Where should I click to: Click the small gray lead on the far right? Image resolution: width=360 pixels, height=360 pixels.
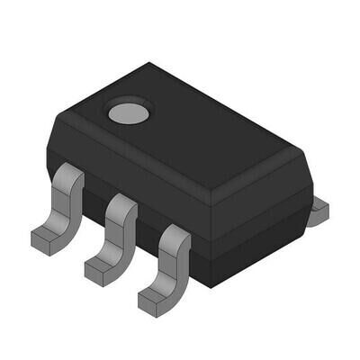click(319, 211)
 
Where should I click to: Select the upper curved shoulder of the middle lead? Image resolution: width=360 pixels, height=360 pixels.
click(121, 206)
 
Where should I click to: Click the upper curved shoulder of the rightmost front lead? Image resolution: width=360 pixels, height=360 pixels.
click(175, 236)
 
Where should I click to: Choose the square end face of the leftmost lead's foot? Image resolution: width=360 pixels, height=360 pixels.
click(41, 240)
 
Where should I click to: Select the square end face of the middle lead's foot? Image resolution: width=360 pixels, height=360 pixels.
click(94, 271)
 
